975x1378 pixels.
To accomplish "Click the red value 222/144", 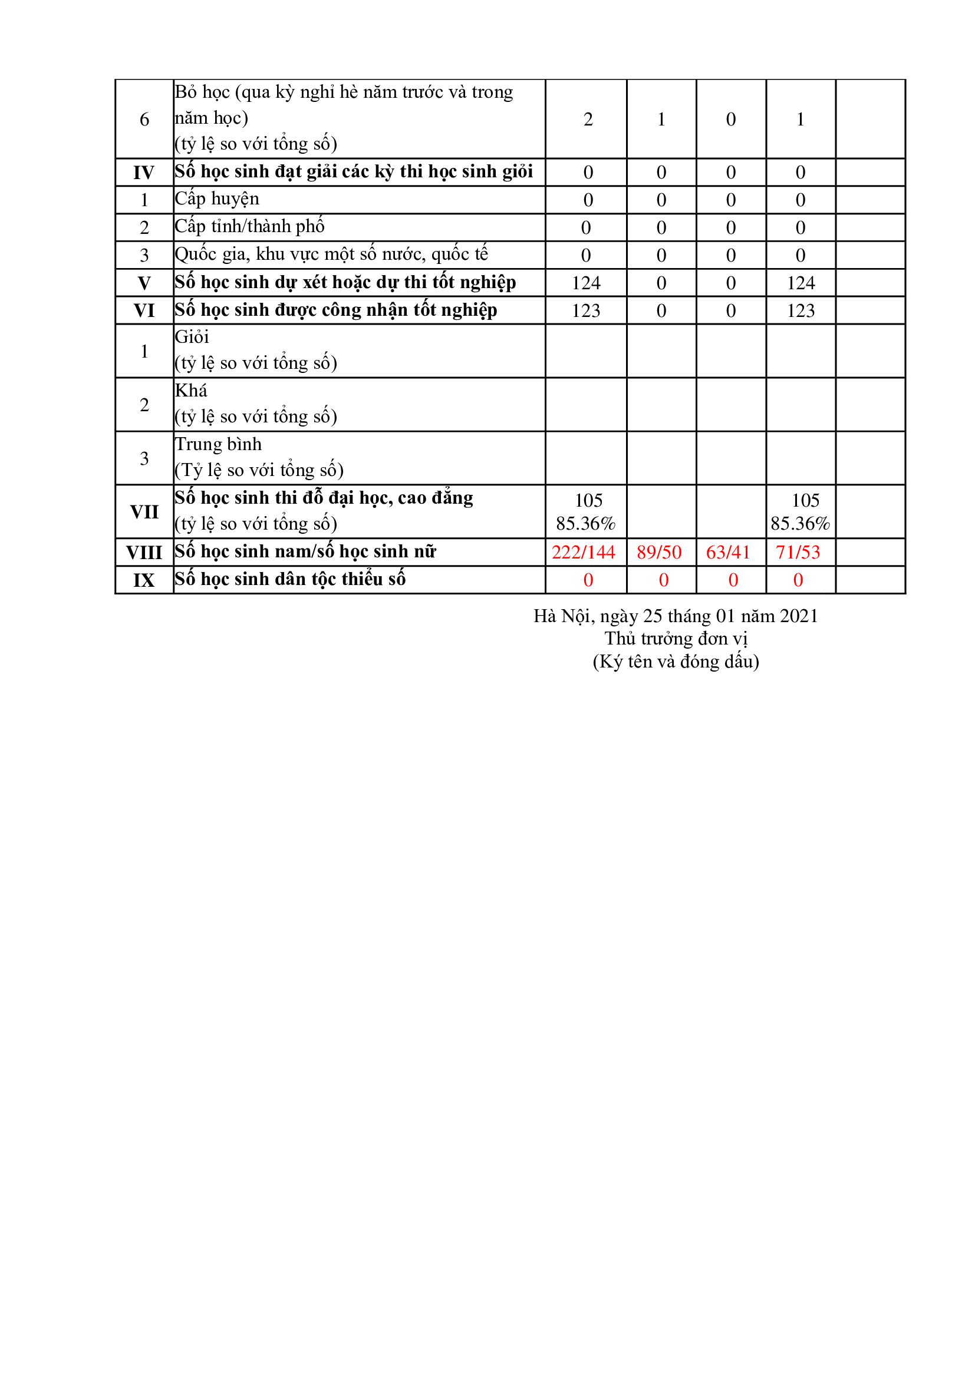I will coord(583,552).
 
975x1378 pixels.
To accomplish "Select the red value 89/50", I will coord(658,552).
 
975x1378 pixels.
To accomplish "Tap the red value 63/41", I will coord(727,552).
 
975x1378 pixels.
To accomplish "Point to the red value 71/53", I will coord(798,552).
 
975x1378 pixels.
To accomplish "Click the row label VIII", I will coord(144,552).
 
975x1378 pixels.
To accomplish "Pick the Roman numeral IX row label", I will coord(144,580).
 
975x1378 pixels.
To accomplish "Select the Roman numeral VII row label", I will coord(144,512).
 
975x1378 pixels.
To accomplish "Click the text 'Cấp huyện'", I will coord(217,199).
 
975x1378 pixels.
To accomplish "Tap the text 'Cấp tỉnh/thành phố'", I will coord(249,226).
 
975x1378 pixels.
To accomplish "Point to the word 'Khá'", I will coord(191,391).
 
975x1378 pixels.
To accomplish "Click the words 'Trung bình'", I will coord(218,444).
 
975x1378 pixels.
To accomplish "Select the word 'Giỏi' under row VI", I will coord(192,337).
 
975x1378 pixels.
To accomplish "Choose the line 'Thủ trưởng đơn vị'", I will coord(676,638).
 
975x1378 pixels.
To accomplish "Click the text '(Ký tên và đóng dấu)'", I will coord(676,662).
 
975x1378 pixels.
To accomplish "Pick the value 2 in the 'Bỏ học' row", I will coord(588,120).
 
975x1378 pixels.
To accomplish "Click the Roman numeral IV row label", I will coord(144,173).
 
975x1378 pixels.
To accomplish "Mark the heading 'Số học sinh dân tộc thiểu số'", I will coord(290,579).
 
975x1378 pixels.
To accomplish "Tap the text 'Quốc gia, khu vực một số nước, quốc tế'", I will coord(331,255).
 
